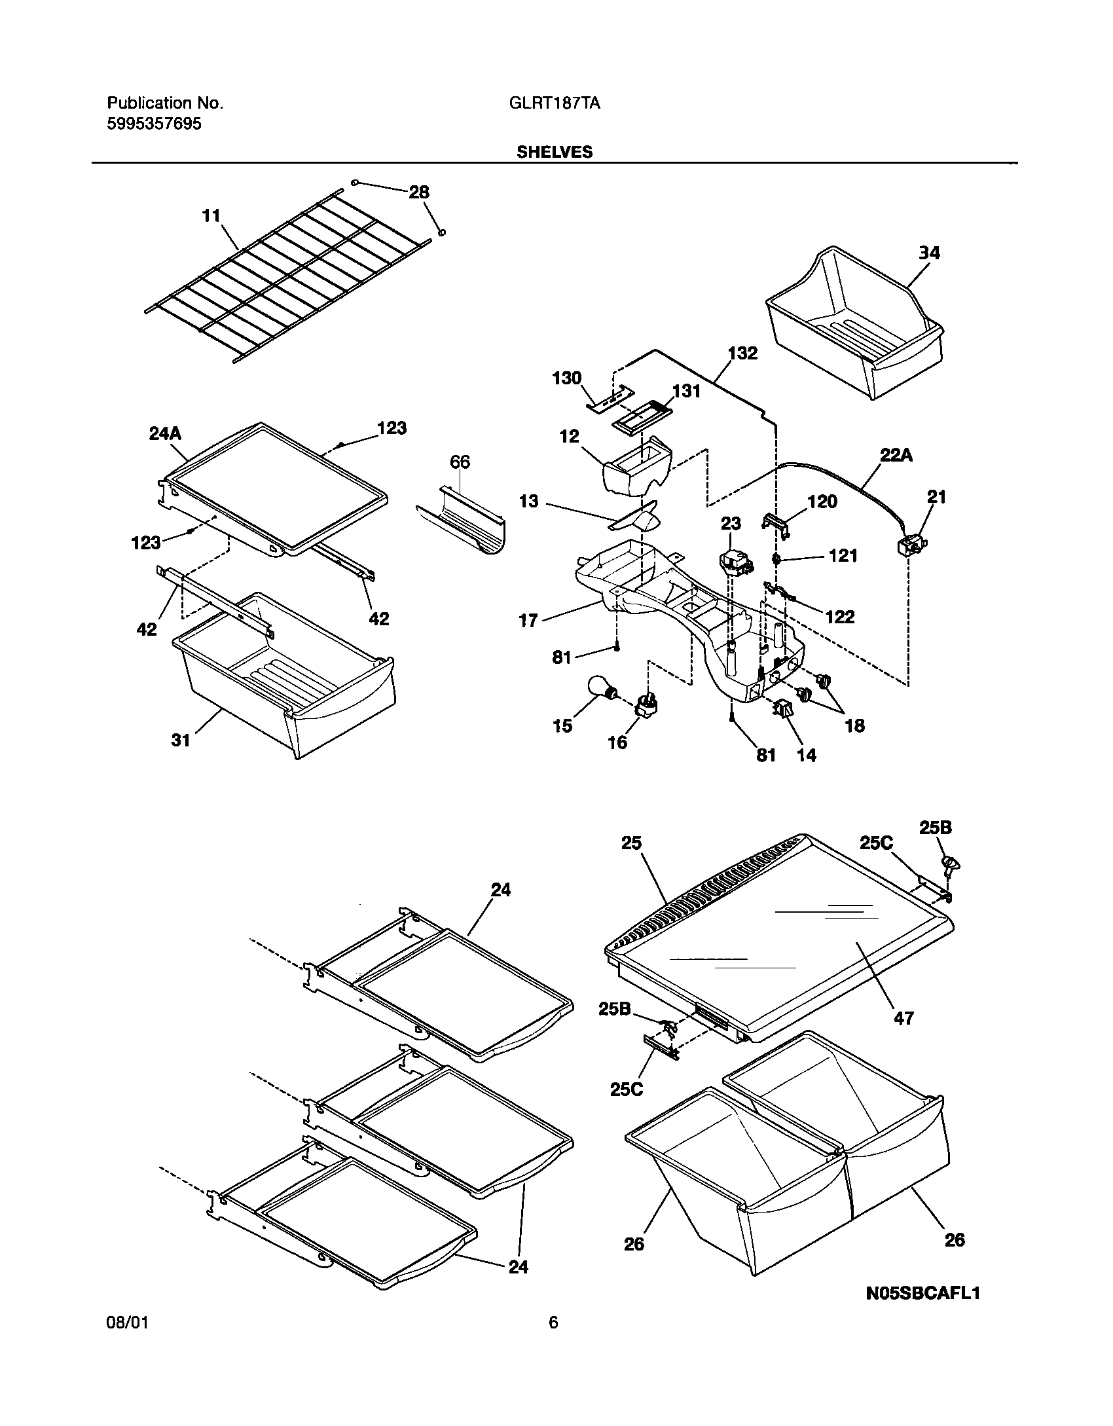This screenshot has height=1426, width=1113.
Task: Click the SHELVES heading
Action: click(x=554, y=152)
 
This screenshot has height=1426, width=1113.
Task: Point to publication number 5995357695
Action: click(x=154, y=124)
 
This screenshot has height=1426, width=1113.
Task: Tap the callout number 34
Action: click(x=929, y=253)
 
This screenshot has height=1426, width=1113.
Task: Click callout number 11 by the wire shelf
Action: click(x=211, y=216)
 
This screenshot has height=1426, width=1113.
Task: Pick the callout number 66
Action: click(x=460, y=462)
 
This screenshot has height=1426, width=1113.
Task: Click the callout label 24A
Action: click(x=165, y=434)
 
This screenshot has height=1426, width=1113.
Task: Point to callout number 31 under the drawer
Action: click(x=181, y=740)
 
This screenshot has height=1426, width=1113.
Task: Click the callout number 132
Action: click(x=742, y=354)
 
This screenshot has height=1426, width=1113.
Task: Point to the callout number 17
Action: click(x=528, y=620)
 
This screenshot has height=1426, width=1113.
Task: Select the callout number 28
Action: click(x=419, y=192)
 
